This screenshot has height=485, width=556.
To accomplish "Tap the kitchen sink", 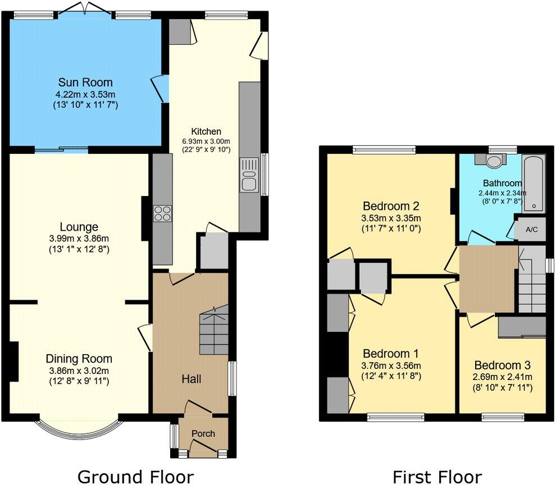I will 249,175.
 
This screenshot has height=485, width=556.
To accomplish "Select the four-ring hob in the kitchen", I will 163,213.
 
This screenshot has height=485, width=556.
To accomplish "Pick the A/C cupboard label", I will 532,230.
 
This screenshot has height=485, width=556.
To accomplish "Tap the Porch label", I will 203,434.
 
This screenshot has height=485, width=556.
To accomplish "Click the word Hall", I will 192,380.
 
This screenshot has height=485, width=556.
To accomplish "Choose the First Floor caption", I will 437,477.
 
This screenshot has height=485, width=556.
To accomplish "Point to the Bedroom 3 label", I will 502,364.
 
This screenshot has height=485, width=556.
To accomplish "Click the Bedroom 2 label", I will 391,205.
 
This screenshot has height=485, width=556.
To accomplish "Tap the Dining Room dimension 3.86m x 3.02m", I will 79,370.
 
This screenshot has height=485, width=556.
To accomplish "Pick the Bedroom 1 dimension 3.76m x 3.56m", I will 391,365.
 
